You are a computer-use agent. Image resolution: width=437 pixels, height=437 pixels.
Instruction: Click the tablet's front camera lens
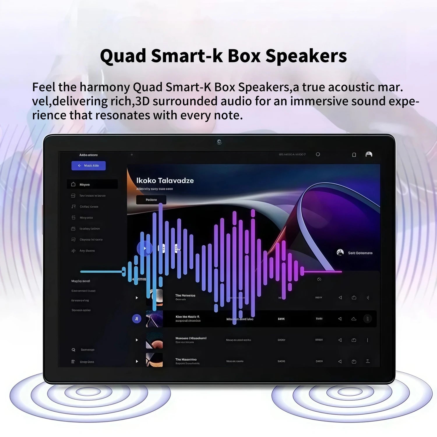click(219, 142)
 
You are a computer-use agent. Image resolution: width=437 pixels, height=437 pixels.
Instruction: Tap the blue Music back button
click(89, 165)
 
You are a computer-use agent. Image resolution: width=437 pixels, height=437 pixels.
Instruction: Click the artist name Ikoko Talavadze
click(165, 181)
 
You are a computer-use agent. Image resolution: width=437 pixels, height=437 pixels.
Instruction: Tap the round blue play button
click(145, 249)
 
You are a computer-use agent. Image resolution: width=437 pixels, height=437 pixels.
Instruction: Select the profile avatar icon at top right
click(369, 154)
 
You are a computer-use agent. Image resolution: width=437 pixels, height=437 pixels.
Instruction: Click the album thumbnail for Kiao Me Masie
click(154, 319)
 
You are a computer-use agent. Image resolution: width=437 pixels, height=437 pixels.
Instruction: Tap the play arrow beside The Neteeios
click(137, 298)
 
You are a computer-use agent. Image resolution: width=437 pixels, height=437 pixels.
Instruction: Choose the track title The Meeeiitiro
click(186, 360)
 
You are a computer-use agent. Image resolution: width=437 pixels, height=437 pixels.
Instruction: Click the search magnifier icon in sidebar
click(73, 350)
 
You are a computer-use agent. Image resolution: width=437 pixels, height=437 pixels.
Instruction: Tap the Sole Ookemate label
click(360, 253)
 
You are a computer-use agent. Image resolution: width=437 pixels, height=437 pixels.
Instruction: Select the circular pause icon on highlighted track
click(137, 319)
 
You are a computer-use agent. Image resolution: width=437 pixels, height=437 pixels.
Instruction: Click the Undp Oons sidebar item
click(87, 362)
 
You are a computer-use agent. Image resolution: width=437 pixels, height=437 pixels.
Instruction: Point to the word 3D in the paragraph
click(142, 101)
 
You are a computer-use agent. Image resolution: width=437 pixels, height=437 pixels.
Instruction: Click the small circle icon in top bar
click(318, 154)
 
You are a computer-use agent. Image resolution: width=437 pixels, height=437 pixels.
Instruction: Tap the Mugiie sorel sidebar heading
click(81, 281)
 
